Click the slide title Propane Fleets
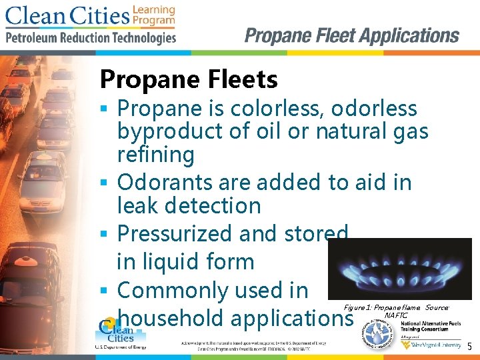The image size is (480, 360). (x=189, y=80)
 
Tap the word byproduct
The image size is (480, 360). (x=170, y=132)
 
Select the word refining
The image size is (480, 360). (x=156, y=155)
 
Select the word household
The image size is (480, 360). (x=170, y=319)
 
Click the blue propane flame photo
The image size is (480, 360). (x=399, y=269)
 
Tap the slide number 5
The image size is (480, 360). (x=469, y=347)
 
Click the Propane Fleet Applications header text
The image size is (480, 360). (x=352, y=36)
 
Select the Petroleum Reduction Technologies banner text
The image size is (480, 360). (x=91, y=38)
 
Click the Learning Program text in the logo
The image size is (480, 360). (x=154, y=15)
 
